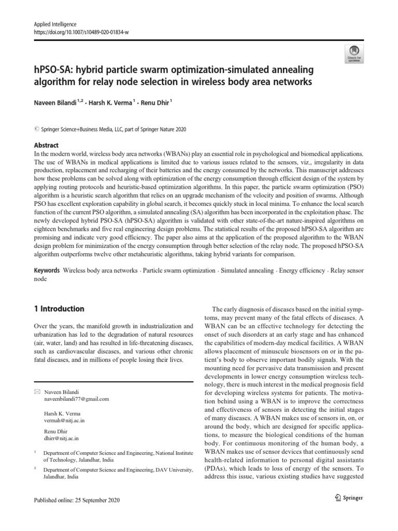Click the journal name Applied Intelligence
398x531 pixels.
(x=55, y=24)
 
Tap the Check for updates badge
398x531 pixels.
(x=353, y=52)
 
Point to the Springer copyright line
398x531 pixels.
(x=111, y=129)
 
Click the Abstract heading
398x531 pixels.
(x=46, y=146)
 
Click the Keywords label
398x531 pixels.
(x=46, y=271)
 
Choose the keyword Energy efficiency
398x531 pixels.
(x=303, y=271)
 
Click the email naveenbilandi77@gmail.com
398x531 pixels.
(x=76, y=399)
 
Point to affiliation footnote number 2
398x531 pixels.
(x=35, y=468)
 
